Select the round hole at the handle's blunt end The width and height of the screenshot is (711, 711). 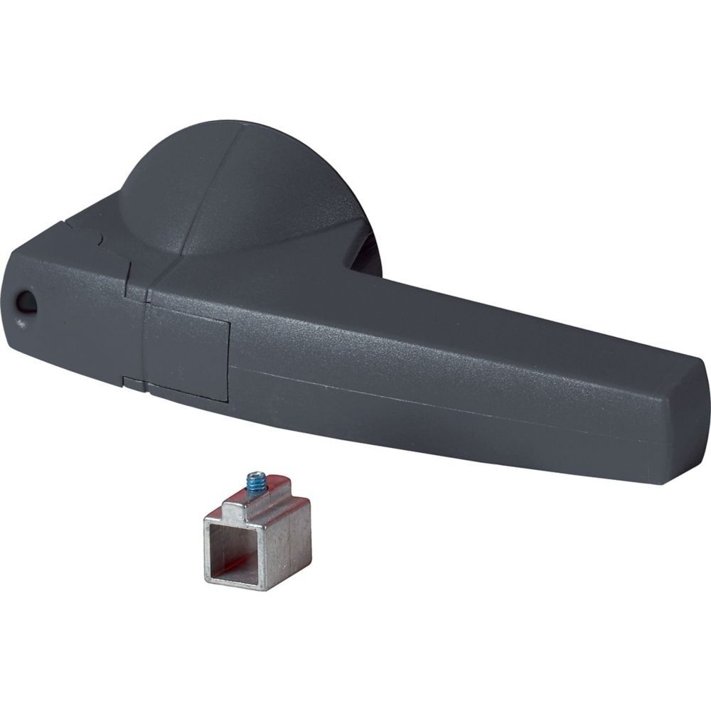click(26, 303)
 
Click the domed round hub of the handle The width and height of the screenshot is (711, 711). click(235, 185)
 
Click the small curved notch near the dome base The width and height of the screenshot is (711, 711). click(100, 242)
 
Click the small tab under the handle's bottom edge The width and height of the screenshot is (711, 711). click(132, 383)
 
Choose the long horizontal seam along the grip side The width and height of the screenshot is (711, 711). click(427, 398)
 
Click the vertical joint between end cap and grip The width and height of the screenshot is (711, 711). click(145, 334)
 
